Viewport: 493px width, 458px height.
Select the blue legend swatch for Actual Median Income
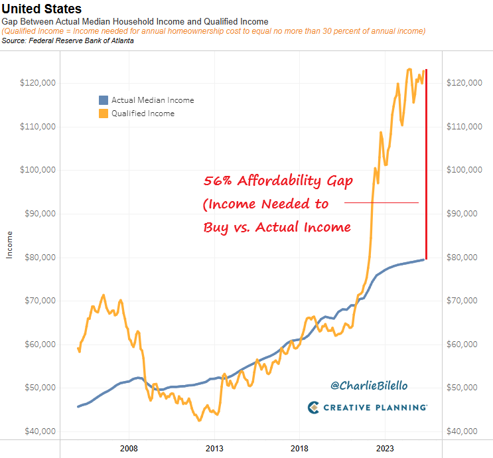pyautogui.click(x=103, y=100)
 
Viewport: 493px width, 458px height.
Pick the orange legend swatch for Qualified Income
pyautogui.click(x=103, y=114)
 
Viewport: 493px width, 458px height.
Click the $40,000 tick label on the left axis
pyautogui.click(x=38, y=431)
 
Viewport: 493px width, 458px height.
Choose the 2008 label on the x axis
pyautogui.click(x=129, y=448)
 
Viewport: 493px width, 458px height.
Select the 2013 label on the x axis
pyautogui.click(x=214, y=448)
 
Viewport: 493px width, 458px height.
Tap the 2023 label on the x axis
pyautogui.click(x=386, y=448)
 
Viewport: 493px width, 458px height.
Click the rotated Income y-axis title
pyautogui.click(x=9, y=244)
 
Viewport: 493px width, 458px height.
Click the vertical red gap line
pyautogui.click(x=426, y=166)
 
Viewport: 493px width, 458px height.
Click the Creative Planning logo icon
pyautogui.click(x=315, y=407)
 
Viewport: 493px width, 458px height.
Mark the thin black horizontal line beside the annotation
pyautogui.click(x=382, y=202)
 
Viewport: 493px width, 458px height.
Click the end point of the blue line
pyautogui.click(x=425, y=259)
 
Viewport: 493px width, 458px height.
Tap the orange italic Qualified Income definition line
pyautogui.click(x=213, y=31)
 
